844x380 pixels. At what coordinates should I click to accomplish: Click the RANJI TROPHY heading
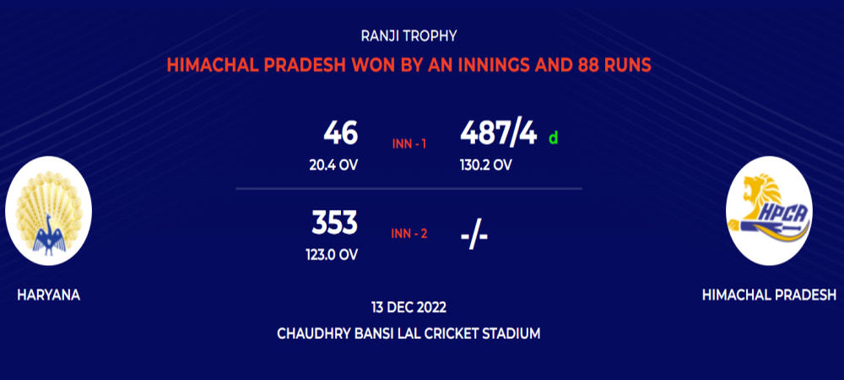click(x=409, y=36)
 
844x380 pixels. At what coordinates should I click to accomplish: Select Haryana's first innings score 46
click(x=341, y=133)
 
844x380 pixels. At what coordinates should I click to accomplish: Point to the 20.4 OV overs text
click(x=333, y=166)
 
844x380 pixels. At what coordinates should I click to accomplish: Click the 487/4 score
click(x=499, y=134)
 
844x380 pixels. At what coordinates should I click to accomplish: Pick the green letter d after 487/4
click(x=554, y=138)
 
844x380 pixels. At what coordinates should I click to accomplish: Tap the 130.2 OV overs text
click(x=485, y=166)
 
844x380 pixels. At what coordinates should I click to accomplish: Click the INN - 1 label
click(x=409, y=144)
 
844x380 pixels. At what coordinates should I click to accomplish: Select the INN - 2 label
click(x=409, y=234)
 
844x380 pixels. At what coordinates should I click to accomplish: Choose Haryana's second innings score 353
click(x=335, y=223)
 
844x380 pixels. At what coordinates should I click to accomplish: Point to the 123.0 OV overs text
click(x=332, y=254)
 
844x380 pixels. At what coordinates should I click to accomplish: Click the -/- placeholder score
click(x=474, y=236)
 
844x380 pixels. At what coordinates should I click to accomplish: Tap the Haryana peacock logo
click(x=48, y=210)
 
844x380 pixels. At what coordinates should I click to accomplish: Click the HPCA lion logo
click(x=769, y=210)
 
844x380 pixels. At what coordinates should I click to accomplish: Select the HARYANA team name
click(x=48, y=295)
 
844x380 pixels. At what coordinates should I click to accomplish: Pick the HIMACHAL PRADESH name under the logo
click(x=769, y=295)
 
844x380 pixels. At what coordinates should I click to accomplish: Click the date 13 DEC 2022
click(x=408, y=308)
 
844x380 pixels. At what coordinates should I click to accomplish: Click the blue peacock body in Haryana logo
click(x=49, y=236)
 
